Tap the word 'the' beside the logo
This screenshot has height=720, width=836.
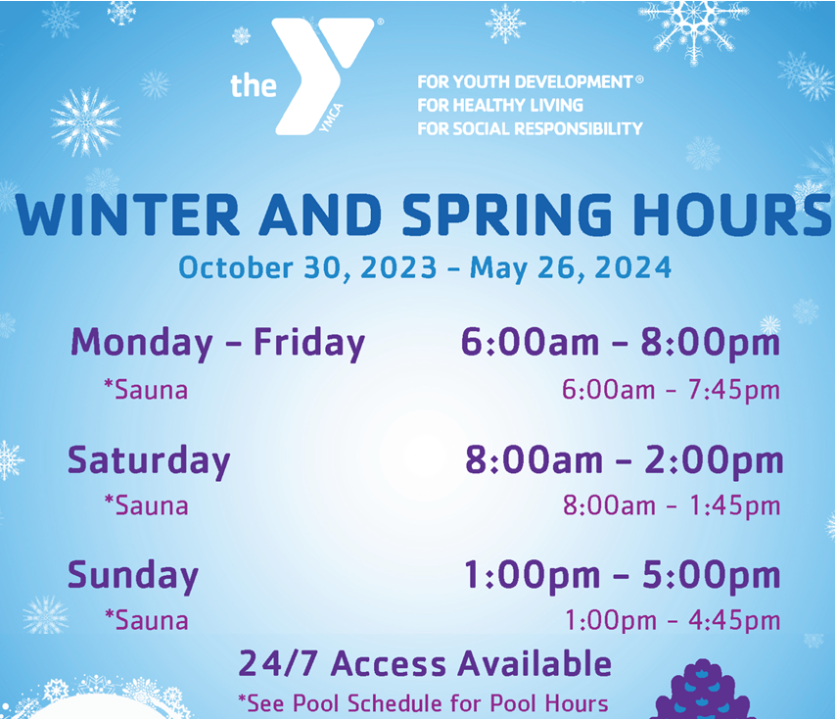[254, 85]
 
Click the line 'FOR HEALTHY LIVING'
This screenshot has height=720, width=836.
[500, 105]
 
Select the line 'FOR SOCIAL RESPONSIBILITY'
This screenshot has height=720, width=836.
[530, 128]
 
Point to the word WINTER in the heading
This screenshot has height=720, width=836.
[127, 215]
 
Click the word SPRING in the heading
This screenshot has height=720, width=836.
[507, 215]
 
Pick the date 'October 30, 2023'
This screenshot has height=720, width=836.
[307, 267]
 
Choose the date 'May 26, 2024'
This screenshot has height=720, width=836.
[570, 267]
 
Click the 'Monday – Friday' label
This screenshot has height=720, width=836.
[217, 343]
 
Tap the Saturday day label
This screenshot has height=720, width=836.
[149, 460]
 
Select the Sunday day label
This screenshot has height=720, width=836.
[133, 576]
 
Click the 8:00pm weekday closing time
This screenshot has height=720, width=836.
[710, 342]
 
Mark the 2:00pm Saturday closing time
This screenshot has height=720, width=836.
[714, 460]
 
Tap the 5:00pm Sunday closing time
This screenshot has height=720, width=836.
[712, 575]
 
